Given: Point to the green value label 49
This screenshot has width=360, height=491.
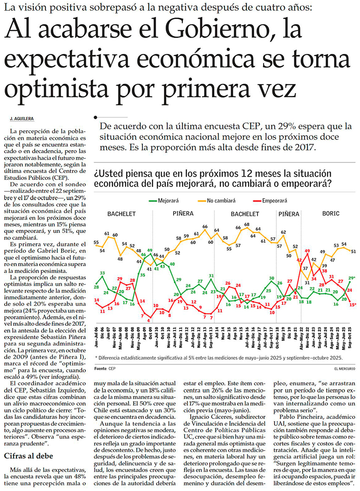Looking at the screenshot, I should click(150, 251).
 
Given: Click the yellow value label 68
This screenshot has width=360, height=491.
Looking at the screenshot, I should click(247, 224).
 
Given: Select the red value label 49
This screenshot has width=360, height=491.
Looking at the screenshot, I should click(307, 251).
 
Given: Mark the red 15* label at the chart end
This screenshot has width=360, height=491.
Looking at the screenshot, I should click(352, 304).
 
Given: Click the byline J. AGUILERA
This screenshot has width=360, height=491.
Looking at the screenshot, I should click(22, 118).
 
